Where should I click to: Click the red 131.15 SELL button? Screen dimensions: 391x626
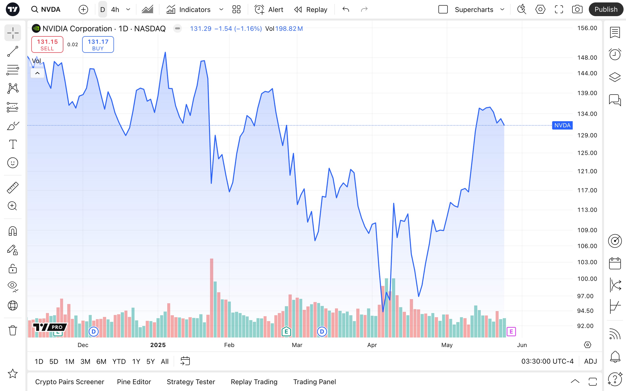point(47,44)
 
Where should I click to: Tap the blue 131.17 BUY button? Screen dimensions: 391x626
point(98,44)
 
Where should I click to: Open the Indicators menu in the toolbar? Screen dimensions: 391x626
point(189,10)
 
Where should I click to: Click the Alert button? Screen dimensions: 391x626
point(269,10)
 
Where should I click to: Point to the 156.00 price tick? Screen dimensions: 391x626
point(587,28)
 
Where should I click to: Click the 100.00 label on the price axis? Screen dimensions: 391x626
point(587,279)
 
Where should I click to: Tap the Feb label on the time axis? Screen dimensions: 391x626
point(229,345)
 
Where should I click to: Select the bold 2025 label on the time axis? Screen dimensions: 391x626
point(158,345)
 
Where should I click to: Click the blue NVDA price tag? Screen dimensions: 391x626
point(562,125)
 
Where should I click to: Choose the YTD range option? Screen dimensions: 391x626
point(119,361)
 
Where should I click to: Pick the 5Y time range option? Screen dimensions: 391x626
point(150,361)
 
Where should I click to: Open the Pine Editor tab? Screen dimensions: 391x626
point(134,382)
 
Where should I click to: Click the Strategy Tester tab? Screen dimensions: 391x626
point(191,382)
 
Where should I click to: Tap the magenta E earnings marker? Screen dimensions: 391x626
point(511,331)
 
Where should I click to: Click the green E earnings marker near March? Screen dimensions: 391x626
point(286,331)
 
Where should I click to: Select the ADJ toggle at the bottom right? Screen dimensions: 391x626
point(590,361)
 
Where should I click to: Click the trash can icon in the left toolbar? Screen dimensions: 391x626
point(13,330)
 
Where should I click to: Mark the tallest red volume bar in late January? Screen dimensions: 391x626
point(212,297)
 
